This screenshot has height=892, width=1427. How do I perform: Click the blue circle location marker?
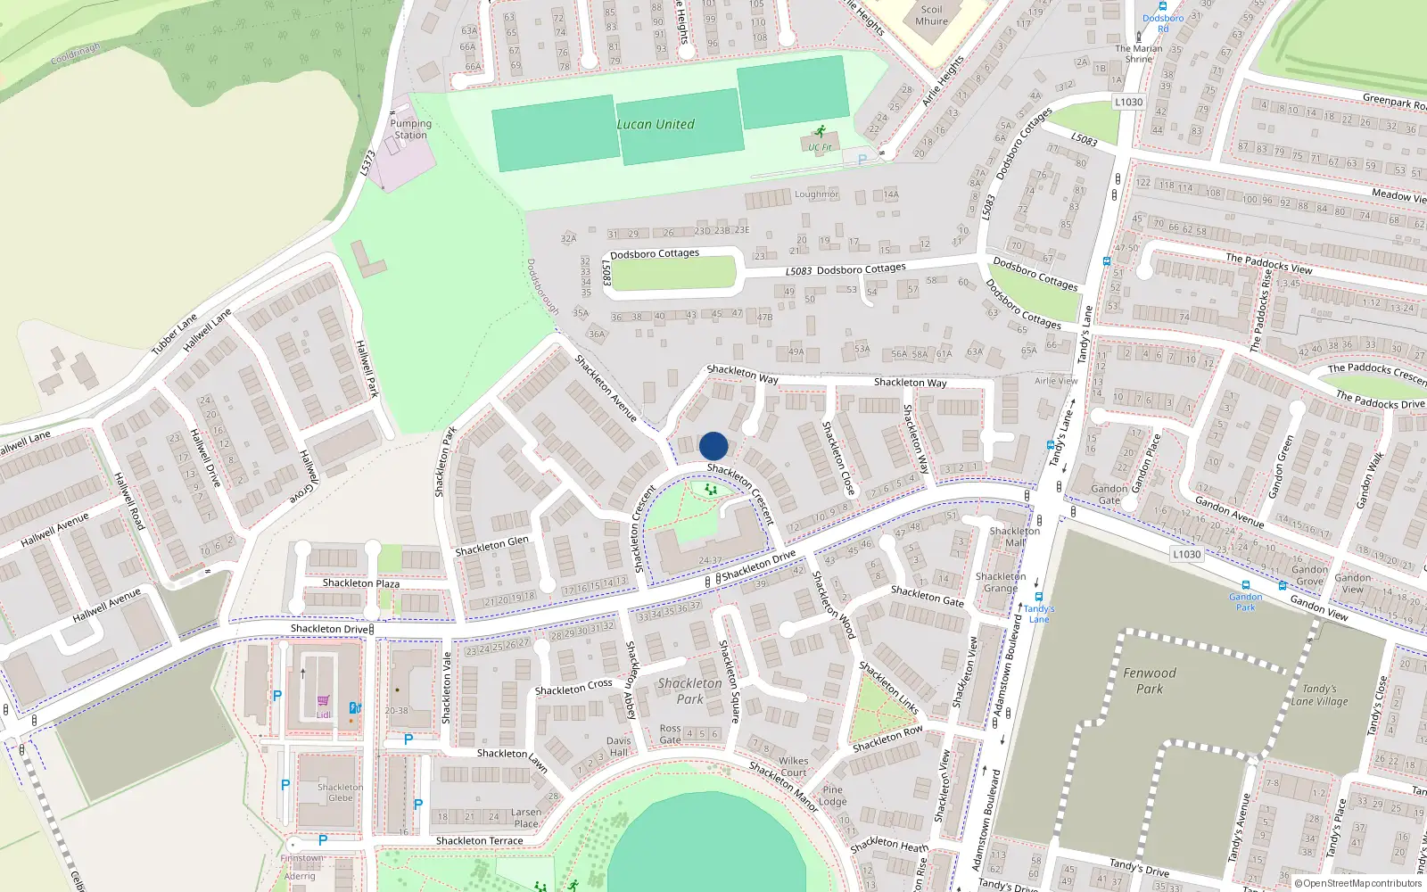(x=713, y=446)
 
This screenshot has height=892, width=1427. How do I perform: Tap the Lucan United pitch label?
(x=656, y=125)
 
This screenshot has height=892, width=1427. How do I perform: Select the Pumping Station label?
(x=410, y=129)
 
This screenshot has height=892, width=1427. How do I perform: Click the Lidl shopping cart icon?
(x=323, y=701)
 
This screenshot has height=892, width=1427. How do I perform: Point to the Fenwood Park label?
(x=1149, y=681)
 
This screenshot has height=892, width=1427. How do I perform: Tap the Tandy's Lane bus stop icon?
(x=1038, y=597)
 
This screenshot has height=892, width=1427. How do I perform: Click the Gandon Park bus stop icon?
(x=1245, y=586)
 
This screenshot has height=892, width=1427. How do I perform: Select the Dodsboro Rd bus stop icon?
(x=1163, y=7)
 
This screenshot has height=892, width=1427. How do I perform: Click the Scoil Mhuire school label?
(x=931, y=15)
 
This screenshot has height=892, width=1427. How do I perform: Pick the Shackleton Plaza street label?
(x=361, y=583)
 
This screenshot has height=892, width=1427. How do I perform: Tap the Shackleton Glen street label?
(x=491, y=546)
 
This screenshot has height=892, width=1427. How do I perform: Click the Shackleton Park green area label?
(x=689, y=691)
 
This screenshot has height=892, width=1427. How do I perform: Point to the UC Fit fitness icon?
(x=820, y=131)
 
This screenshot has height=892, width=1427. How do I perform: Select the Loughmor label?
(x=816, y=194)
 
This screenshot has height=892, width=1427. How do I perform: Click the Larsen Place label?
(x=525, y=818)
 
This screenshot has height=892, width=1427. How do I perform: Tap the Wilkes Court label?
(x=793, y=767)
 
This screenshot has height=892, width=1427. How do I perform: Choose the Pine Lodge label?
(x=832, y=796)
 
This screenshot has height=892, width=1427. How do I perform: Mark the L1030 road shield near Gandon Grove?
(x=1186, y=554)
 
